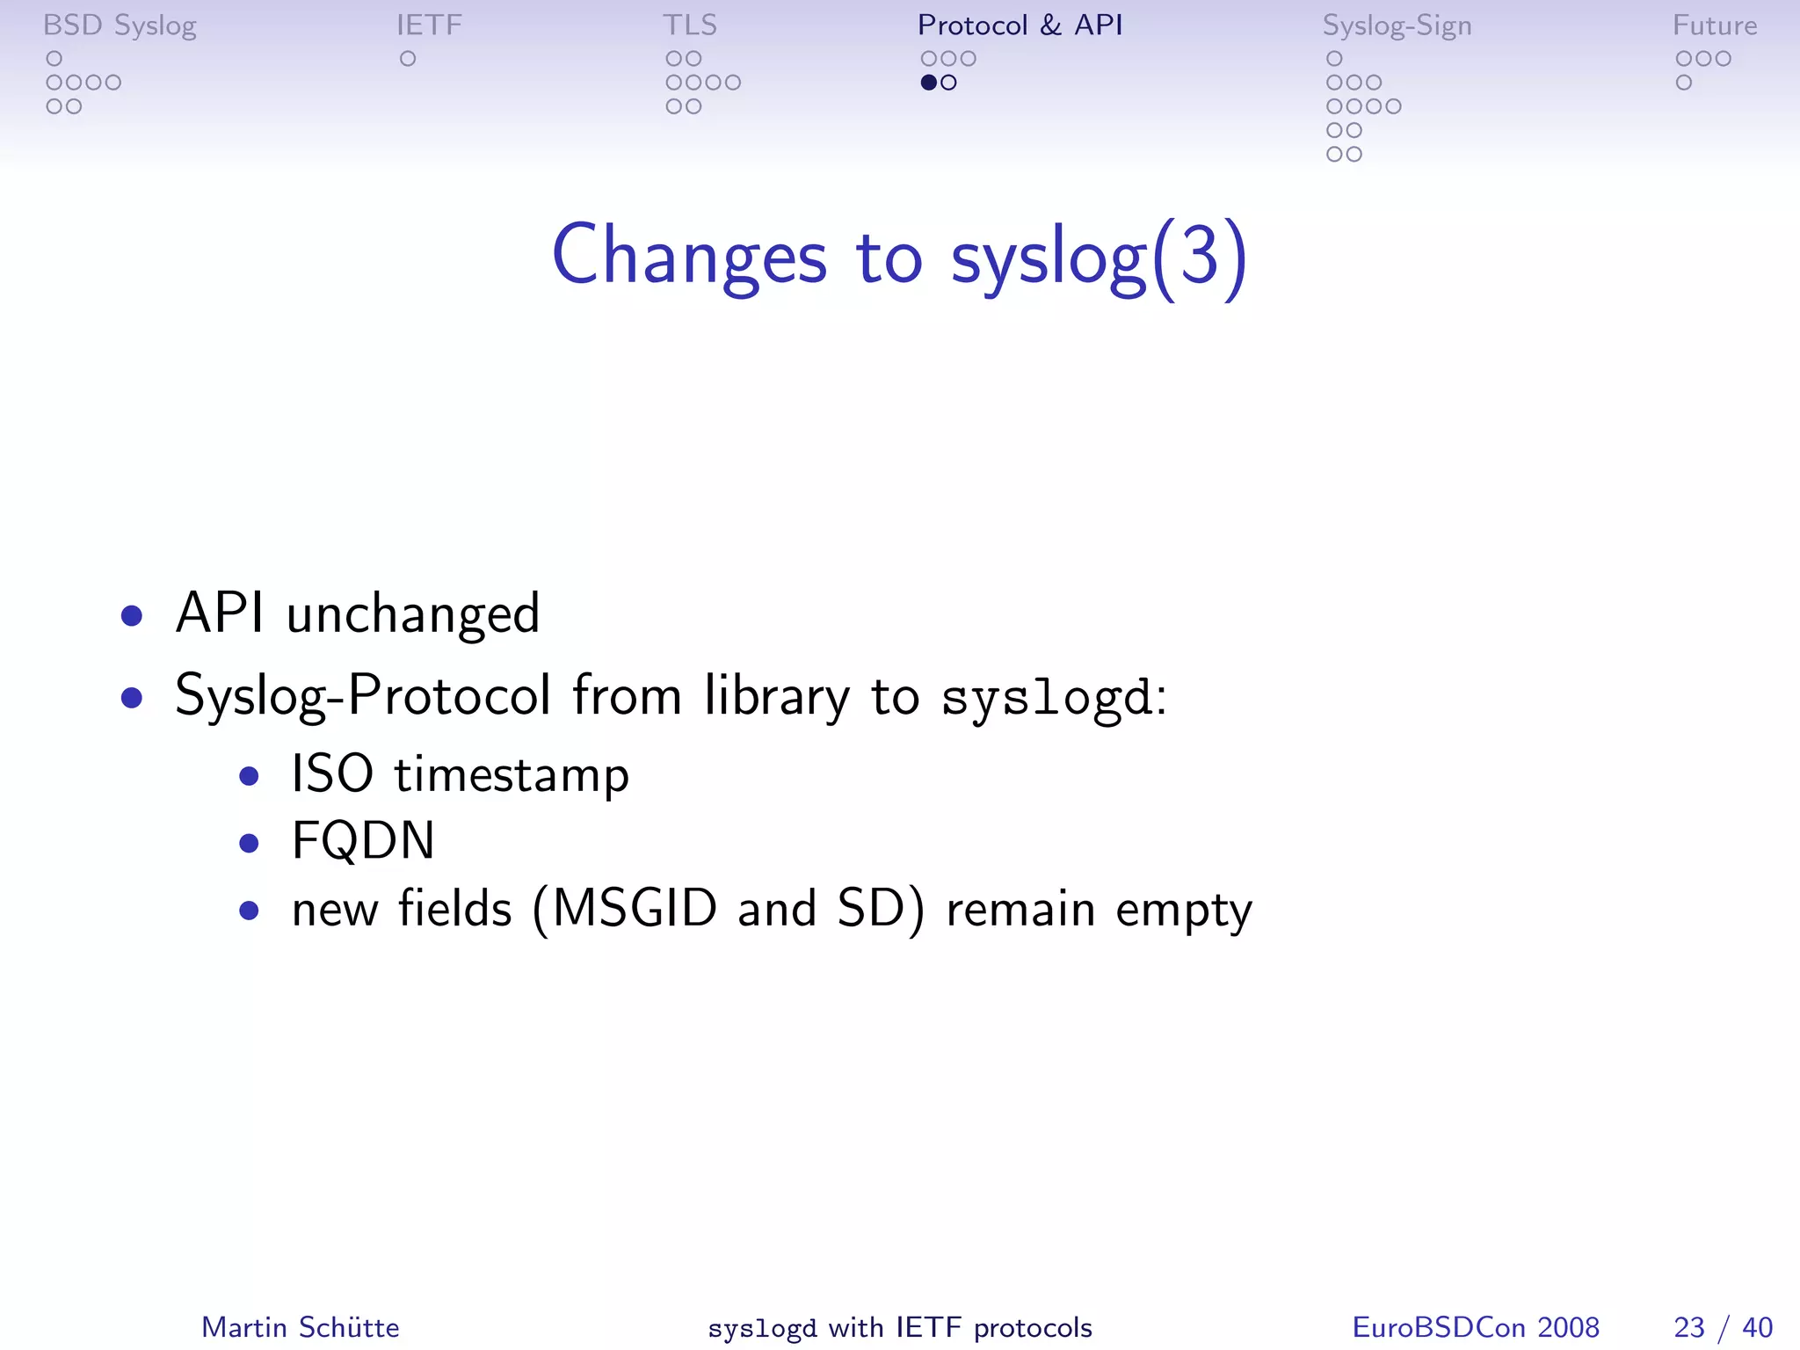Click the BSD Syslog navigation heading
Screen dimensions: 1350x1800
pos(120,25)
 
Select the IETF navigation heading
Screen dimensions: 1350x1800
pos(429,25)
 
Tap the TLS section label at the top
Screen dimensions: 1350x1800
pos(690,25)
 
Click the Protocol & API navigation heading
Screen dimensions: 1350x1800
pos(1020,25)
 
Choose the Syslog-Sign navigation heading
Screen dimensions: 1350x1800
pos(1397,25)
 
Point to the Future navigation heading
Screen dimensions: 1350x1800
pos(1714,25)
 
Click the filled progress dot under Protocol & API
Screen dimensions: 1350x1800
pos(928,83)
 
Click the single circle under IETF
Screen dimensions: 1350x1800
pos(407,59)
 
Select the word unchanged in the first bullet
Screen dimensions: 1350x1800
pos(413,613)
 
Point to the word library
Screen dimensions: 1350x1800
pos(777,696)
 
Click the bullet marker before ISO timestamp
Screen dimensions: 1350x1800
pos(250,776)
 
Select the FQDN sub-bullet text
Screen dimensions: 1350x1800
pos(363,841)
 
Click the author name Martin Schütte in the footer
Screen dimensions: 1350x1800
pos(300,1327)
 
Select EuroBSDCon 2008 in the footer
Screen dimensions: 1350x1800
pos(1475,1327)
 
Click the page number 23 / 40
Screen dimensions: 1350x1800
pos(1723,1327)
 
